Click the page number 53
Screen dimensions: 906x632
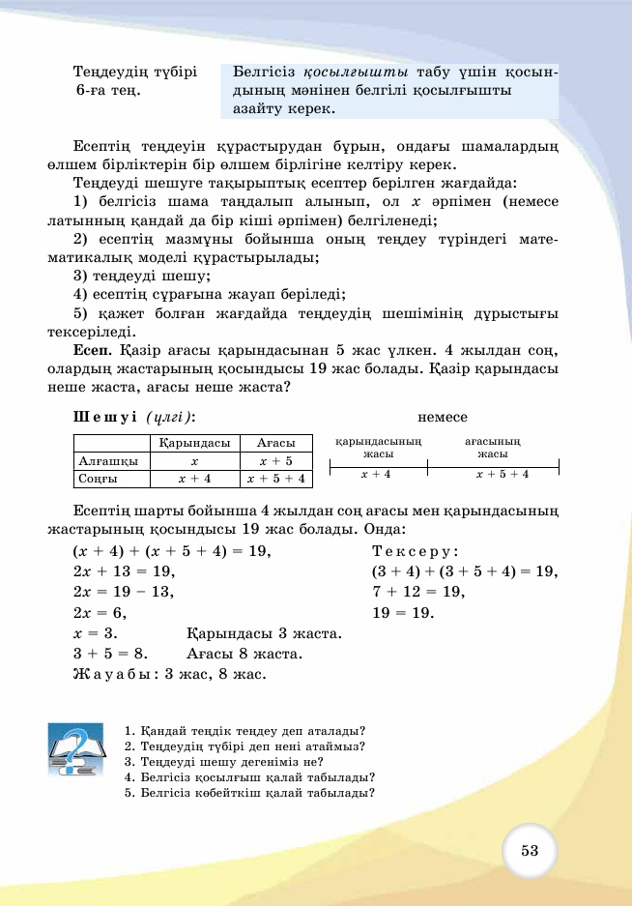click(x=529, y=851)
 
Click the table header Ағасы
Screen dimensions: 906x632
click(x=276, y=444)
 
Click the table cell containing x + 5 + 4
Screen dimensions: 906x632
click(x=276, y=479)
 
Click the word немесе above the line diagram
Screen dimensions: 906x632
click(x=443, y=417)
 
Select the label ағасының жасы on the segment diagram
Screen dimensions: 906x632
click(x=493, y=447)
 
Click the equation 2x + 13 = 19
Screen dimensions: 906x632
click(x=123, y=571)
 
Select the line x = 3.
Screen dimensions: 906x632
click(x=95, y=633)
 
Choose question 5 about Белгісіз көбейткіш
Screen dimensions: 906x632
click(x=249, y=793)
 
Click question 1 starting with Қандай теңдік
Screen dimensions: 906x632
click(x=250, y=731)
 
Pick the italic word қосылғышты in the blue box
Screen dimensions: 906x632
click(x=357, y=73)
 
